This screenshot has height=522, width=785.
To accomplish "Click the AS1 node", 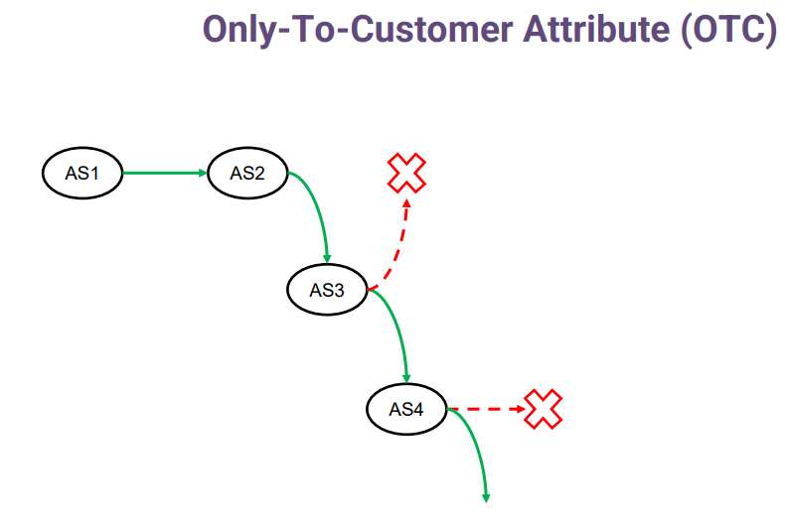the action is pyautogui.click(x=82, y=173).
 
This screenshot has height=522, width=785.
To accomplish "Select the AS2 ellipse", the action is pyautogui.click(x=247, y=173).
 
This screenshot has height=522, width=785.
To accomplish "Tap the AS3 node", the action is pyautogui.click(x=328, y=290).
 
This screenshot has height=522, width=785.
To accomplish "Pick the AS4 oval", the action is pyautogui.click(x=406, y=409).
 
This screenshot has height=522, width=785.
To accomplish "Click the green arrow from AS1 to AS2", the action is pyautogui.click(x=165, y=173).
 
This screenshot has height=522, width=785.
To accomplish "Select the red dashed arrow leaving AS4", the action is pyautogui.click(x=486, y=409).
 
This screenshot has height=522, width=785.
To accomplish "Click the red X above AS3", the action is pyautogui.click(x=406, y=173).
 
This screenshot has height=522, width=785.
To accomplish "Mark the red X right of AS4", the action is pyautogui.click(x=544, y=409).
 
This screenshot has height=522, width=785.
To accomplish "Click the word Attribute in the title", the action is pyautogui.click(x=596, y=29).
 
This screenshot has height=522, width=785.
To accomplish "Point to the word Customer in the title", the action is pyautogui.click(x=431, y=29).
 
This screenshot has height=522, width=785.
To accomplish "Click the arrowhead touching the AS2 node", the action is pyautogui.click(x=203, y=173).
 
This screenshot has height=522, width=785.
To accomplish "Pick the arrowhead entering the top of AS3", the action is pyautogui.click(x=327, y=258).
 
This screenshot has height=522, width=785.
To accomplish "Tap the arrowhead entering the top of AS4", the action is pyautogui.click(x=406, y=378).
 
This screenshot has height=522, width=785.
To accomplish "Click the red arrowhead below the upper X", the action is pyautogui.click(x=407, y=203).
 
